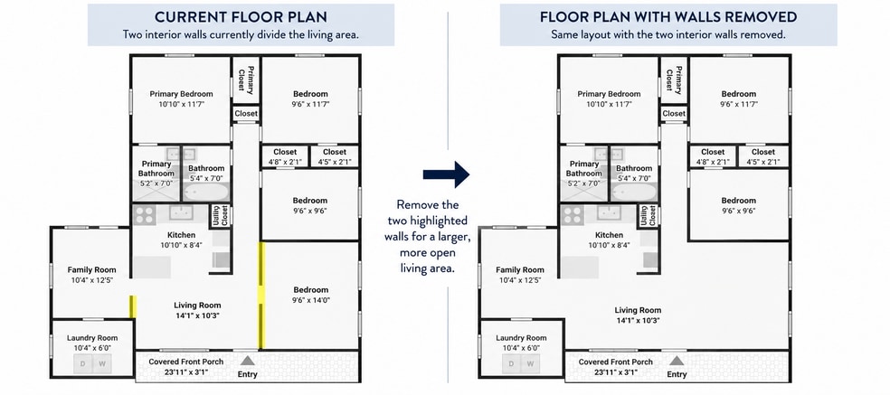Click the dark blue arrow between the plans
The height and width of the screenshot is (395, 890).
pyautogui.click(x=446, y=174)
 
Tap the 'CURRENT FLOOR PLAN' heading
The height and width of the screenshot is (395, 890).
pyautogui.click(x=241, y=16)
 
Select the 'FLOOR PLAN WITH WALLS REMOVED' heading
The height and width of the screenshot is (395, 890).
pyautogui.click(x=668, y=16)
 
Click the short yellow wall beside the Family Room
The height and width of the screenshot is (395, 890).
pyautogui.click(x=133, y=306)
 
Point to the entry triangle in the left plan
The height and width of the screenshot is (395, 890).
pyautogui.click(x=247, y=361)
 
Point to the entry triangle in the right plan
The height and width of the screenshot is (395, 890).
pyautogui.click(x=676, y=361)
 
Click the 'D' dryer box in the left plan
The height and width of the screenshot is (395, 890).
pyautogui.click(x=83, y=363)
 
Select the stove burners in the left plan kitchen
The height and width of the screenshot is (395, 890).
pyautogui.click(x=144, y=215)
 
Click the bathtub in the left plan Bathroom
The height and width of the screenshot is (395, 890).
pyautogui.click(x=205, y=192)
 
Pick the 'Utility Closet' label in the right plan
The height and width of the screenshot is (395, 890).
pyautogui.click(x=649, y=216)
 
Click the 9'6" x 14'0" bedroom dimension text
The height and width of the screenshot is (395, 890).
pyautogui.click(x=310, y=300)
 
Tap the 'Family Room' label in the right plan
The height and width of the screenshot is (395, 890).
pyautogui.click(x=519, y=269)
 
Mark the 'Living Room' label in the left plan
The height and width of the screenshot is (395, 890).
pyautogui.click(x=197, y=306)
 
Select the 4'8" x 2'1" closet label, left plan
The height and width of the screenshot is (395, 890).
pyautogui.click(x=284, y=163)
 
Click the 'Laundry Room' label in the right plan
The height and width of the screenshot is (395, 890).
pyautogui.click(x=521, y=338)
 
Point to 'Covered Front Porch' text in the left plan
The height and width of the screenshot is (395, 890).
pyautogui.click(x=185, y=362)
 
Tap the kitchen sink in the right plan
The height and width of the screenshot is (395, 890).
pyautogui.click(x=609, y=212)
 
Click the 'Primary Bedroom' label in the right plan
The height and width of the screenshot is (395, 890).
pyautogui.click(x=609, y=94)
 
